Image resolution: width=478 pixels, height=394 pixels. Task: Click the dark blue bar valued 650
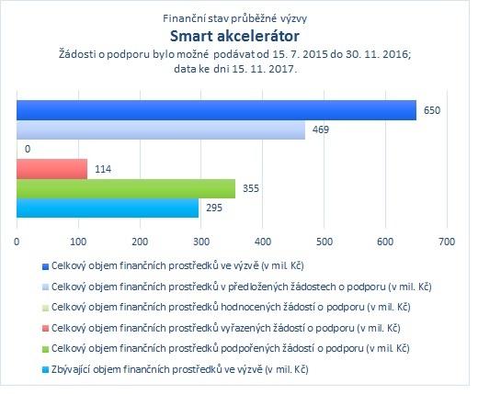pyautogui.click(x=216, y=110)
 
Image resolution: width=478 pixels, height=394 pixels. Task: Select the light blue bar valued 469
pyautogui.click(x=161, y=129)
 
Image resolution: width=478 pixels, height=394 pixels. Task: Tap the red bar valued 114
pyautogui.click(x=51, y=169)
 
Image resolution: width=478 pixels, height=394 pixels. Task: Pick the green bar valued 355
pyautogui.click(x=126, y=188)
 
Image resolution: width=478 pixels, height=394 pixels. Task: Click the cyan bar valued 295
pyautogui.click(x=108, y=208)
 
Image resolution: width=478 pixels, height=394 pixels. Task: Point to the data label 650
pyautogui.click(x=432, y=110)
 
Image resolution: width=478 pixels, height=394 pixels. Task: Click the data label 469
pyautogui.click(x=321, y=129)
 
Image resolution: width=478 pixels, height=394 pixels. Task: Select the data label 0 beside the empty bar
pyautogui.click(x=28, y=149)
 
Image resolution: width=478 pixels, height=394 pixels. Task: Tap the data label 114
pyautogui.click(x=103, y=169)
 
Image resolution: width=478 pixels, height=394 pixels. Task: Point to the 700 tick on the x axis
pyautogui.click(x=447, y=242)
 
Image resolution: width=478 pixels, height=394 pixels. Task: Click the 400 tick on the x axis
pyautogui.click(x=263, y=242)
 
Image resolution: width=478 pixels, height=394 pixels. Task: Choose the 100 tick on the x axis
pyautogui.click(x=78, y=242)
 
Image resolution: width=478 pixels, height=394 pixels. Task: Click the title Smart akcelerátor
pyautogui.click(x=234, y=36)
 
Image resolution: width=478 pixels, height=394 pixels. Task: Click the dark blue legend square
pyautogui.click(x=45, y=266)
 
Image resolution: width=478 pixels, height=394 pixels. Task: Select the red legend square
pyautogui.click(x=45, y=329)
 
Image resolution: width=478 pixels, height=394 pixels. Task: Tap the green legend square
pyautogui.click(x=45, y=349)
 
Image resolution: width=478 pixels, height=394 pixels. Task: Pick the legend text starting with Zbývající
pyautogui.click(x=180, y=369)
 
